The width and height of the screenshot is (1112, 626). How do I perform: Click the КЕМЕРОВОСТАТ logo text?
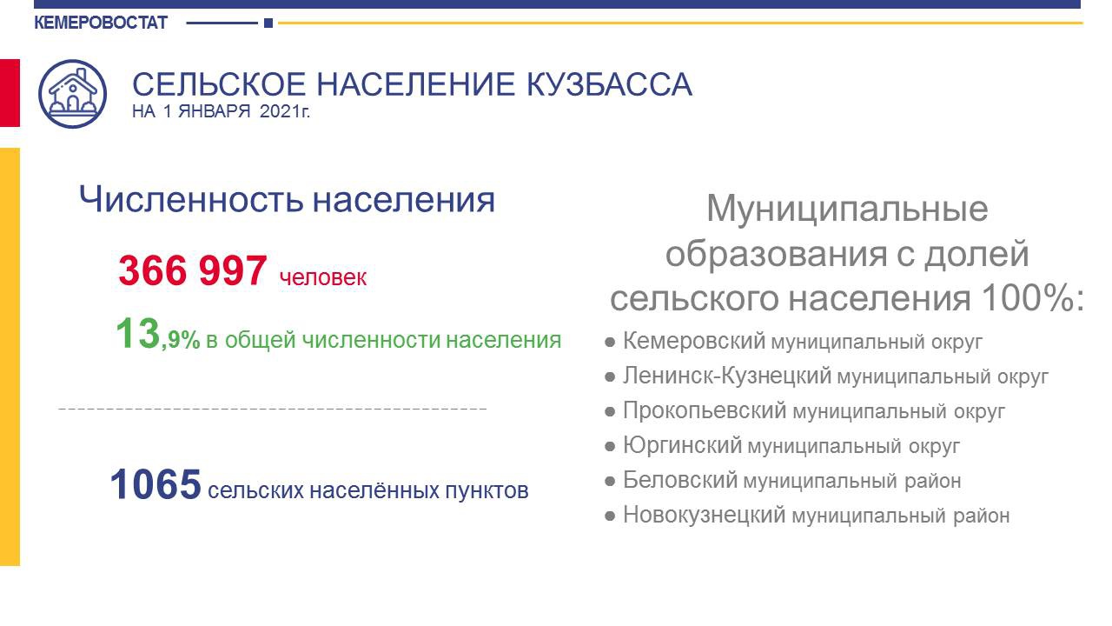[101, 23]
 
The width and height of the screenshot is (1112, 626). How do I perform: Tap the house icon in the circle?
[72, 94]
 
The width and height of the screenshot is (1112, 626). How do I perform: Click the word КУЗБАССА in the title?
[609, 84]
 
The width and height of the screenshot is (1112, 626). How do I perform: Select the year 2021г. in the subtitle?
[284, 111]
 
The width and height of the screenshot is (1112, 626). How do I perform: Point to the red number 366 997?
[193, 270]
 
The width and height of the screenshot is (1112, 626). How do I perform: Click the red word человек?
[323, 277]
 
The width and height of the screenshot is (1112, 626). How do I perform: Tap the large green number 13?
[137, 333]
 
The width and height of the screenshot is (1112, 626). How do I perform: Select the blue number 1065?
[156, 484]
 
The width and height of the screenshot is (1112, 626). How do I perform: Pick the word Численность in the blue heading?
[191, 200]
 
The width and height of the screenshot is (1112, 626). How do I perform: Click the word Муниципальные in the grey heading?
[847, 210]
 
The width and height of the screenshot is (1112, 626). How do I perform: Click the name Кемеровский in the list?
[694, 341]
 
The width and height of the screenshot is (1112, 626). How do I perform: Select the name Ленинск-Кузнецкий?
[727, 376]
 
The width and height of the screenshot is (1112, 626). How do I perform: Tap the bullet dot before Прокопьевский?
[610, 412]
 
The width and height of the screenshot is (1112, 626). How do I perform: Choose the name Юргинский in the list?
[683, 445]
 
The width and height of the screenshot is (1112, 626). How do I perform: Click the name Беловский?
[680, 480]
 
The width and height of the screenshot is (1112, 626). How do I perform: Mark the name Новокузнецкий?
[705, 515]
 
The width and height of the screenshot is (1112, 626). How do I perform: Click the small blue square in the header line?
[268, 23]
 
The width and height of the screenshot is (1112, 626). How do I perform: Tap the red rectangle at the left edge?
[10, 93]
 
